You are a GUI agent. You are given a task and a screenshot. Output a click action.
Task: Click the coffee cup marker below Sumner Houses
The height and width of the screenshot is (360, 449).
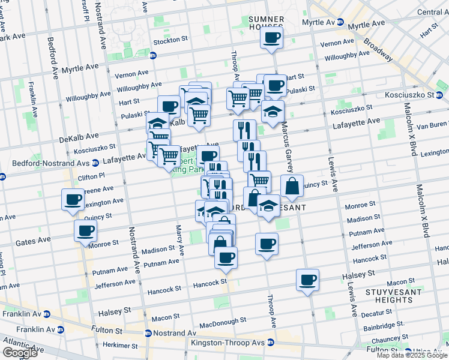[271, 39]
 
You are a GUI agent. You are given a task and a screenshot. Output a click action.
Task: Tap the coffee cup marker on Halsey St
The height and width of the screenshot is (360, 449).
[307, 280]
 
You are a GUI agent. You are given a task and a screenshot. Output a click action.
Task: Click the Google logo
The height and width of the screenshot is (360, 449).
[20, 353]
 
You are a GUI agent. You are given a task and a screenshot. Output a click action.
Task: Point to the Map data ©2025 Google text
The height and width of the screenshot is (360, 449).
[411, 355]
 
